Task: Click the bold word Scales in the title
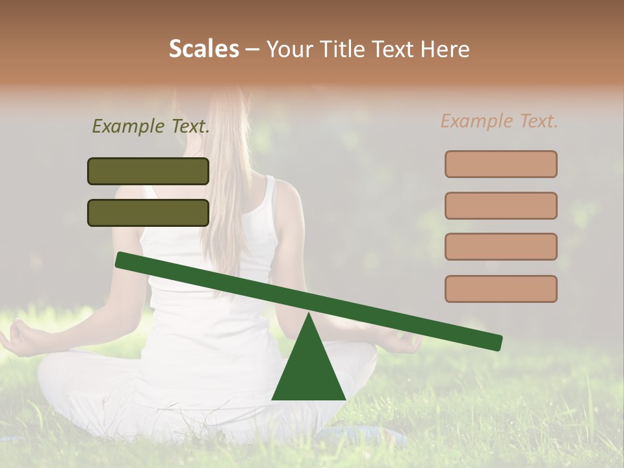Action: pos(203,49)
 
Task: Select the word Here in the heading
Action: pos(445,49)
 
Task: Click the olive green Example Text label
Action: pos(151,127)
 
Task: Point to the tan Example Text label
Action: pos(499,121)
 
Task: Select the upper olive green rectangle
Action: pos(148,172)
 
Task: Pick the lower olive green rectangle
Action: pos(148,213)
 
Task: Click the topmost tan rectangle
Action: pos(500,164)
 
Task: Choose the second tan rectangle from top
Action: pos(500,205)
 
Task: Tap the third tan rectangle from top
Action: pos(500,247)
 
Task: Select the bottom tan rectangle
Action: pos(500,289)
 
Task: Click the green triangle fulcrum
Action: pos(309,370)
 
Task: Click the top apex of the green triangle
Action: pos(309,315)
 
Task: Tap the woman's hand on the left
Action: pos(23,338)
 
